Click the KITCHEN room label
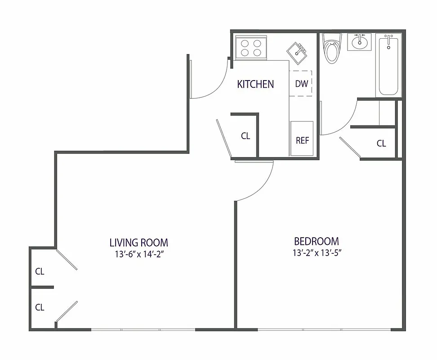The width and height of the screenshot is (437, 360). [x=255, y=84]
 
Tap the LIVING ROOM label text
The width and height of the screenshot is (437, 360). [x=138, y=243]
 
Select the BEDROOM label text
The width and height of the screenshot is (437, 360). [x=316, y=241]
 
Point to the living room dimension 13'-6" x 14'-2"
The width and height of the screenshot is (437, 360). [x=138, y=254]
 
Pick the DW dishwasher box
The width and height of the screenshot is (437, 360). [x=301, y=84]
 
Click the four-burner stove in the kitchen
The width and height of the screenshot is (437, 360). [x=251, y=48]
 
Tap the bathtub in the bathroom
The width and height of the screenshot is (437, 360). [x=388, y=65]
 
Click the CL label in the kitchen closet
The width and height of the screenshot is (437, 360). [x=245, y=136]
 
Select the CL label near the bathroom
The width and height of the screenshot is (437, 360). [x=381, y=144]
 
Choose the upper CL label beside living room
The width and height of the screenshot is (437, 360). [x=40, y=271]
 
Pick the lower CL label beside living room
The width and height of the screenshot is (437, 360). [x=40, y=307]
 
